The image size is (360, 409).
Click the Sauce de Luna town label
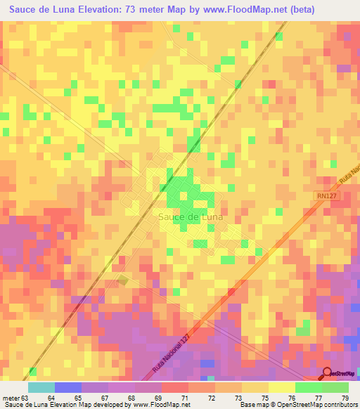point(191,217)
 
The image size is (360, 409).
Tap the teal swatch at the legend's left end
point(41,387)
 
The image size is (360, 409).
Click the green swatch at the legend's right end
point(335,387)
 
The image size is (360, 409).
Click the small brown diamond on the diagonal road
point(123,280)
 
